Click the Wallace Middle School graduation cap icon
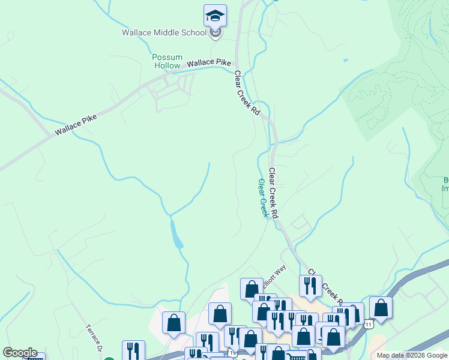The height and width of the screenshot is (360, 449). coord(215,16)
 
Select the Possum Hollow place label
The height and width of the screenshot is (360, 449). coord(166,61)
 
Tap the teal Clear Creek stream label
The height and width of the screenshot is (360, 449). coord(262,198)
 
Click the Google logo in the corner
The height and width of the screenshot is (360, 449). coord(20,353)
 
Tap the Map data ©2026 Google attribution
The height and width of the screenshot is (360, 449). coord(412,355)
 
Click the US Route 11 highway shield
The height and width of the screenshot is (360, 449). coord(369,324)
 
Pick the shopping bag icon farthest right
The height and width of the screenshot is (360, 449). coord(381,308)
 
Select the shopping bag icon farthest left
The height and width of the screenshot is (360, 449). coord(173,323)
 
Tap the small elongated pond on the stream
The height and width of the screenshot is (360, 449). coord(176,234)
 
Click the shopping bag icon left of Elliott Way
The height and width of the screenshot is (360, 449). coord(252,289)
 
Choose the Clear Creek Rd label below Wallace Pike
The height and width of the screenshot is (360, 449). coord(247,94)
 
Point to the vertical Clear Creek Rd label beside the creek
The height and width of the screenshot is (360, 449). coord(274,193)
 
